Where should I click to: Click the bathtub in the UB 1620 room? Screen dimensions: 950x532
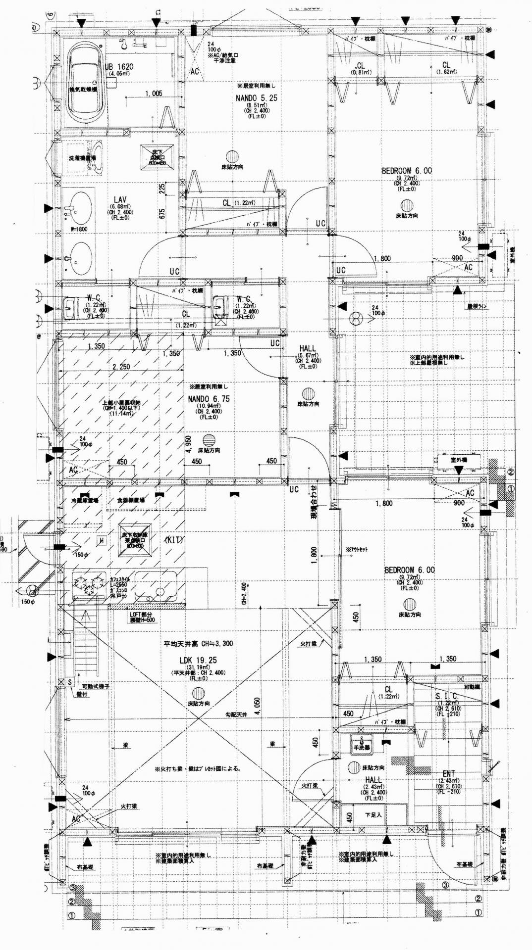[85, 85]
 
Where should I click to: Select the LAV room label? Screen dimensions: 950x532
[120, 199]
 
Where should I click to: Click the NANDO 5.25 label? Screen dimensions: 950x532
[256, 98]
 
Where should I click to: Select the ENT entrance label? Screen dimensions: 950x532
[449, 773]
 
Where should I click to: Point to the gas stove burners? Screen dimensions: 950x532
[89, 584]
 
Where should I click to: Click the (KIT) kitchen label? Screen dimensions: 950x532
[174, 539]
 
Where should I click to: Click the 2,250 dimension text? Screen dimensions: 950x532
[121, 367]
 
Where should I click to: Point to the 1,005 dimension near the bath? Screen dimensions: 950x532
[154, 94]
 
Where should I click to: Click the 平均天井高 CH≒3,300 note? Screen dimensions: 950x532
[198, 644]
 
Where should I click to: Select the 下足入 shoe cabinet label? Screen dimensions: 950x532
[373, 815]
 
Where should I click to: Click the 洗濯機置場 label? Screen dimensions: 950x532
[82, 158]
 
